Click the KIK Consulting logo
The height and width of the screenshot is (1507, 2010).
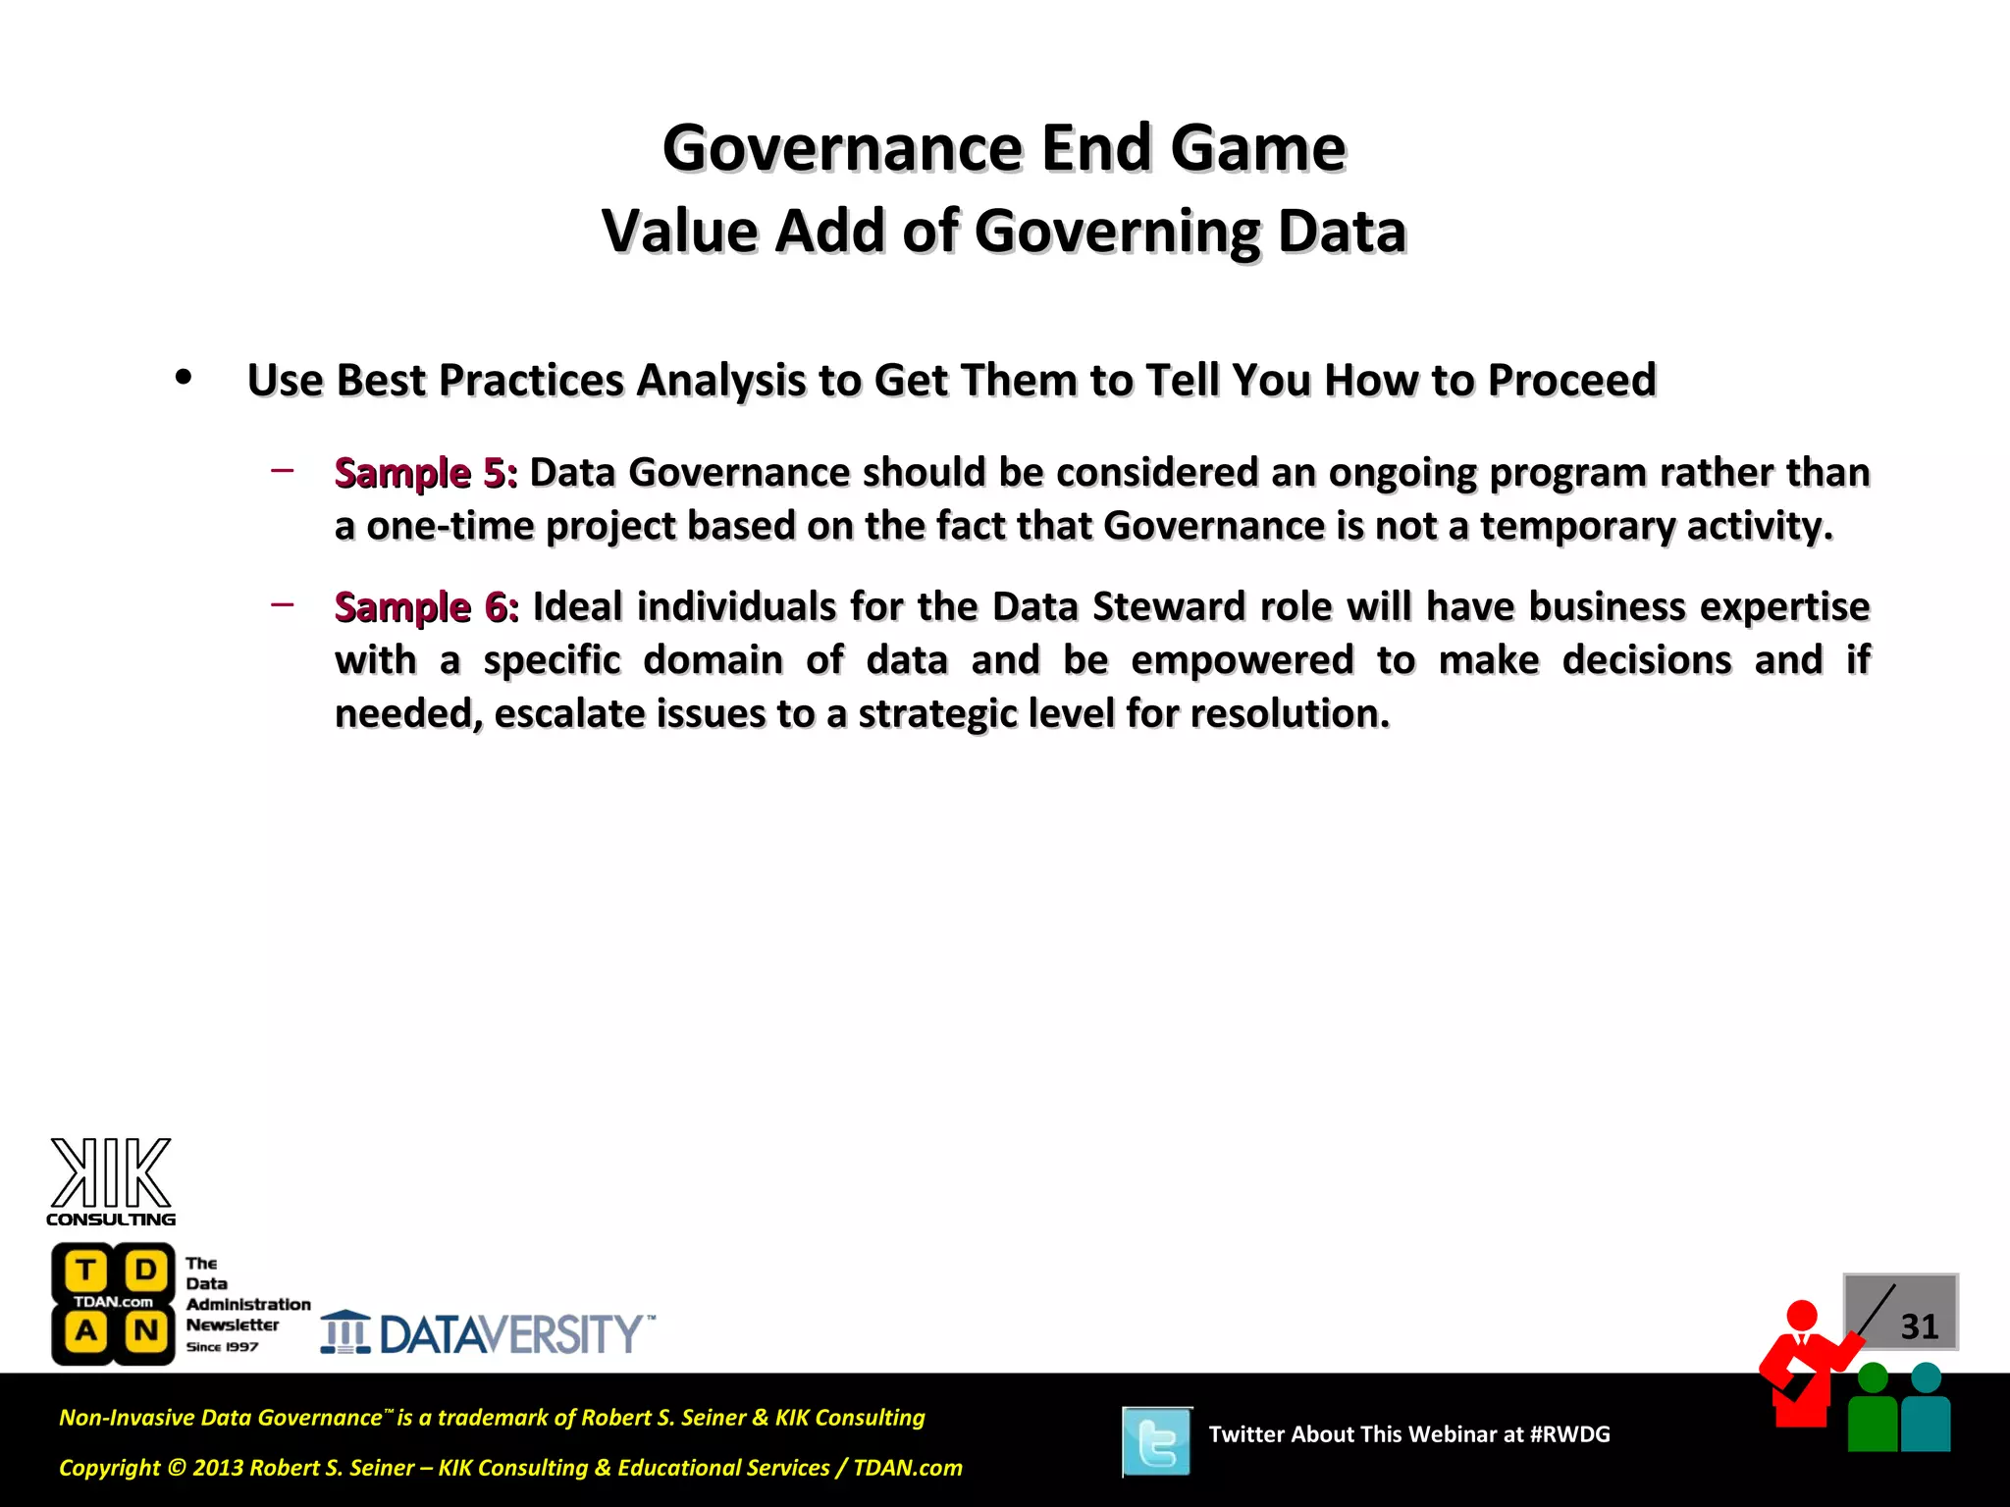pyautogui.click(x=111, y=1181)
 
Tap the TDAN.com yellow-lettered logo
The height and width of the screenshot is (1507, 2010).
pyautogui.click(x=113, y=1303)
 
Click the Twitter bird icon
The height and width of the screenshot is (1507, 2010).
pyautogui.click(x=1157, y=1441)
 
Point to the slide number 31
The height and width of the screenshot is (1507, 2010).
pyautogui.click(x=1919, y=1326)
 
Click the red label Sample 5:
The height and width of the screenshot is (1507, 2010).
pyautogui.click(x=426, y=473)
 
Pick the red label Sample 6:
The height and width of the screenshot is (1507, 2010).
pyautogui.click(x=426, y=607)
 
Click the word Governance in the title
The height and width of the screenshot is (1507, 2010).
pyautogui.click(x=843, y=148)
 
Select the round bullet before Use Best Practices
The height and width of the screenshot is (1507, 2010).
pyautogui.click(x=183, y=378)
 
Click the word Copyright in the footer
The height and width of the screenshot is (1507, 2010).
pyautogui.click(x=109, y=1468)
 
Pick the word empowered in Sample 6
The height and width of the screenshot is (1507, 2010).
pyautogui.click(x=1243, y=660)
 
